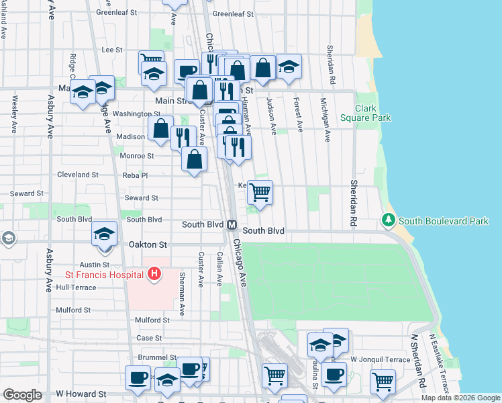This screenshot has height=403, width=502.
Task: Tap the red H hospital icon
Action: coord(154,274)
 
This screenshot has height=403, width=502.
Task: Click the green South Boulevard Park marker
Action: coord(388,220)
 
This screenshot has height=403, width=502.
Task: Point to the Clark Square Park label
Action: coord(373,113)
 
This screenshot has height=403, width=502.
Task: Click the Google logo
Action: coord(22,395)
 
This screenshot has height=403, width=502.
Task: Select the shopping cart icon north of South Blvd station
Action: coord(260,192)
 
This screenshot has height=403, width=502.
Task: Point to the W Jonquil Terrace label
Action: coord(379,360)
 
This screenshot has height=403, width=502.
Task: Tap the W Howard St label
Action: coord(81,394)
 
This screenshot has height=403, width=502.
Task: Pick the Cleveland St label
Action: coord(78,175)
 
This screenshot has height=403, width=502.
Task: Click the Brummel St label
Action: coord(157,358)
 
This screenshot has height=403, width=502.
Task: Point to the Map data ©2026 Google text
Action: coord(460,398)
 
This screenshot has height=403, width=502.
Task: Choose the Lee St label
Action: coord(111,50)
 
